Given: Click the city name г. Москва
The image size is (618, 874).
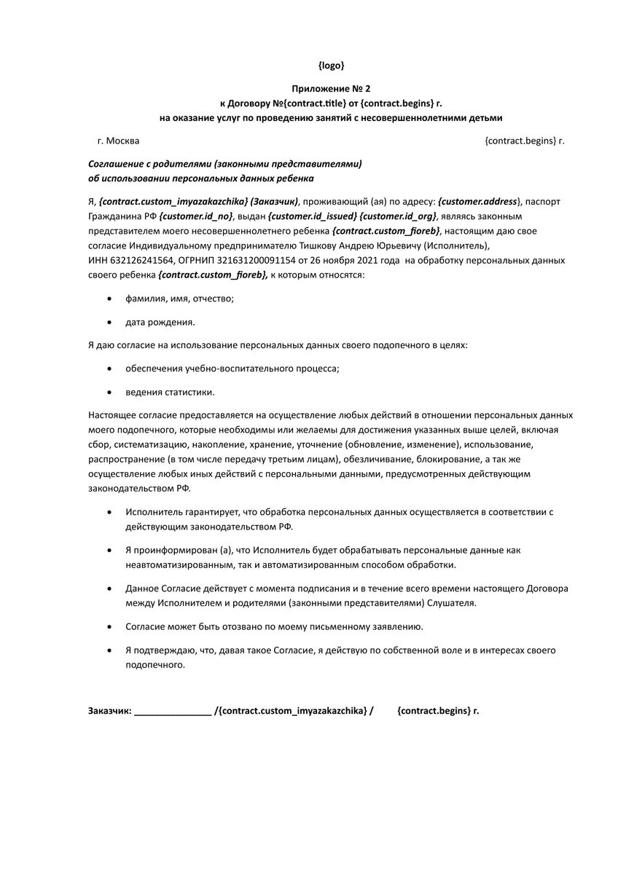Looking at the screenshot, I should coord(118,141).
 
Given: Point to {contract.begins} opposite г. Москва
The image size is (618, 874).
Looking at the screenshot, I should coord(520,141).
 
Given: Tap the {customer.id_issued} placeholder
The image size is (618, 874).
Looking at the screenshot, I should coord(312,216).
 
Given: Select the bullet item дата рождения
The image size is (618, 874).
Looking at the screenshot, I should coord(160,321).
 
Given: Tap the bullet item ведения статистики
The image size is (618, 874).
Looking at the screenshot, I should coord(170,392).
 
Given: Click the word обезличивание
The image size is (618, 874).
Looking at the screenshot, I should coord(388,460).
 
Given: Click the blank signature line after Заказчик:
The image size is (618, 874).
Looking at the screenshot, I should coord(173,709).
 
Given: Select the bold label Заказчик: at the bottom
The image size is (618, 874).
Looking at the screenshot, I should coord(109,709).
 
